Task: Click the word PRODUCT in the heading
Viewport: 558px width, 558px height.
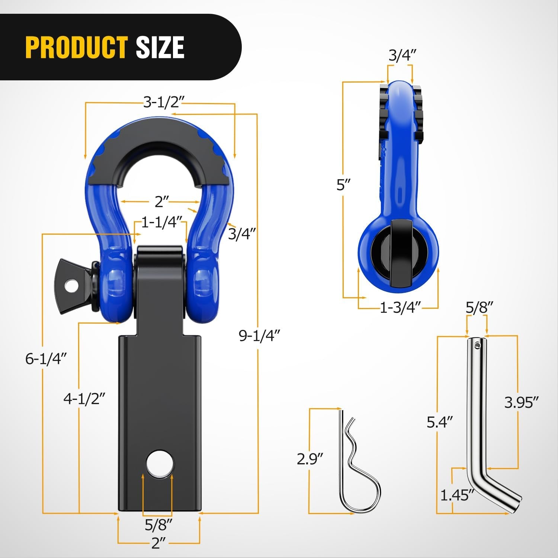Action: [x=77, y=47]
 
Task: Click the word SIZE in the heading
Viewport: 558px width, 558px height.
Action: [x=160, y=47]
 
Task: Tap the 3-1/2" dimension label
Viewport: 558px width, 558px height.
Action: [x=164, y=102]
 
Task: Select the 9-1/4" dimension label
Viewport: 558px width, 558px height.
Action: [x=259, y=336]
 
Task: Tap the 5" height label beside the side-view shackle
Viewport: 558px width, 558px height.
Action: [x=343, y=185]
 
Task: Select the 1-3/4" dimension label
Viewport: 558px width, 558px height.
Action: [x=400, y=308]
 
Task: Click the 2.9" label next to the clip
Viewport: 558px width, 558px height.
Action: [x=310, y=459]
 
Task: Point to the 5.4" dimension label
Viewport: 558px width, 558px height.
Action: [x=440, y=422]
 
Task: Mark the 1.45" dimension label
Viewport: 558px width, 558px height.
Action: [x=457, y=495]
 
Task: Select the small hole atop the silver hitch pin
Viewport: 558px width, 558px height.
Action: [x=478, y=346]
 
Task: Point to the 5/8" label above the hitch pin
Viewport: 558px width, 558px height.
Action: [x=479, y=308]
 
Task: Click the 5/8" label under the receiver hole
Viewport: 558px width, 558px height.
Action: [x=158, y=525]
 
